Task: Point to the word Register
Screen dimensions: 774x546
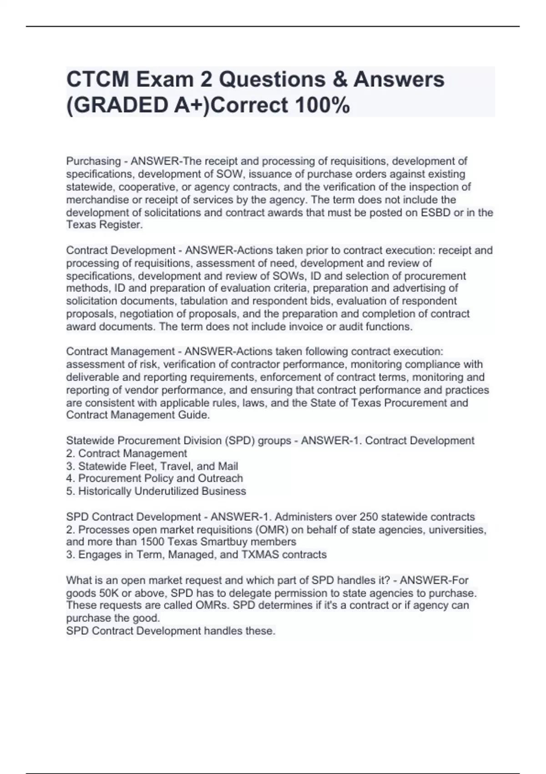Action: [121, 225]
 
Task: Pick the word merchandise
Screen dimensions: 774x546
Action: [97, 200]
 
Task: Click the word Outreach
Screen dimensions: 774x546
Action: [220, 479]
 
